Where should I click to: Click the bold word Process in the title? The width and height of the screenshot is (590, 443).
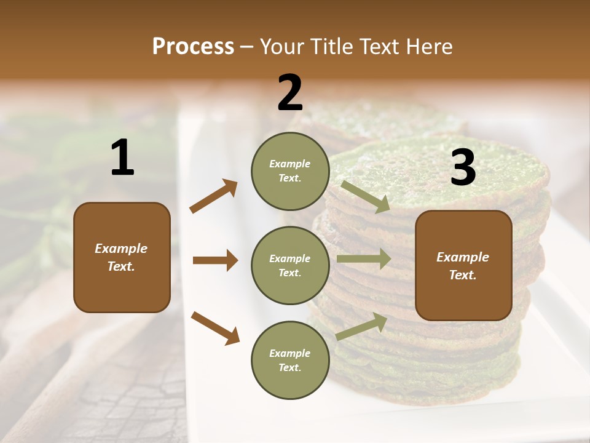tap(193, 46)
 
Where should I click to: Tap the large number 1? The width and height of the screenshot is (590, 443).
tap(122, 158)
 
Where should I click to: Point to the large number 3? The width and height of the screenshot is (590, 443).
tap(463, 167)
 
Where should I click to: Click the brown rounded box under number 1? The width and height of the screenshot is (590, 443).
tap(122, 257)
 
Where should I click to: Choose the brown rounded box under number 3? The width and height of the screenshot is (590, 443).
tap(463, 265)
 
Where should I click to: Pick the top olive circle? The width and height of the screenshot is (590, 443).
tap(290, 170)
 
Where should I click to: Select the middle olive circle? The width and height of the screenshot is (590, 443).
tap(290, 265)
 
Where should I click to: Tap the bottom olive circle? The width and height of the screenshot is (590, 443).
tap(290, 360)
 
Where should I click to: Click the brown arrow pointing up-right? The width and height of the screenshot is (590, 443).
tap(214, 196)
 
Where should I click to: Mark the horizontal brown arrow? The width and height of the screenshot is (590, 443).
tap(215, 260)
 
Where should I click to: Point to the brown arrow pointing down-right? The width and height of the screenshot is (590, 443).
tap(215, 327)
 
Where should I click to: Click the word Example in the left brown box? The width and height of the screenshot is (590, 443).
tap(121, 249)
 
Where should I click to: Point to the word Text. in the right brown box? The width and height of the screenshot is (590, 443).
tap(463, 275)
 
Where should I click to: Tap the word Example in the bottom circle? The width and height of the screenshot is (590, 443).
tap(290, 353)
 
